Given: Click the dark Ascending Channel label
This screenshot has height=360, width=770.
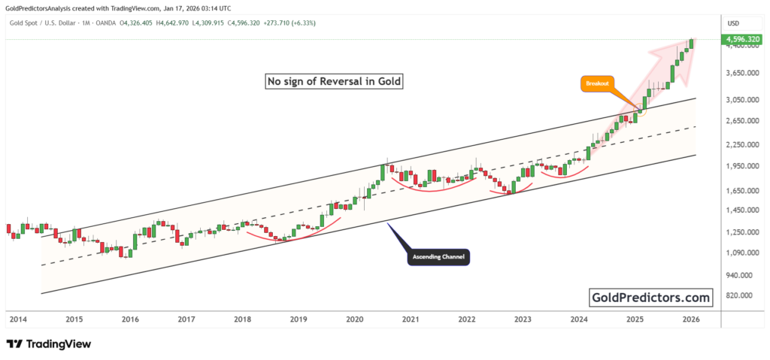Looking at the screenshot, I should [438, 257].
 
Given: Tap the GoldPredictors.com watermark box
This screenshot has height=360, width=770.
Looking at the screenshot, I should [651, 298].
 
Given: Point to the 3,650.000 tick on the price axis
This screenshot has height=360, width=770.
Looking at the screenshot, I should [741, 74].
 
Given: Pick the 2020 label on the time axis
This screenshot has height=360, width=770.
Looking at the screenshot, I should [354, 319].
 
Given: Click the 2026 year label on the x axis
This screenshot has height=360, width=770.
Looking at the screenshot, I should [691, 319].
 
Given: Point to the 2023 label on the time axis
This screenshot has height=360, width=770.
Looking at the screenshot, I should [523, 319].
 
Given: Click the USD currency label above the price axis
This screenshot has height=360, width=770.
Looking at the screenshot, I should [732, 23].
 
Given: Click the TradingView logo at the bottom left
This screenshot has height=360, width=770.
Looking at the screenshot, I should [49, 344].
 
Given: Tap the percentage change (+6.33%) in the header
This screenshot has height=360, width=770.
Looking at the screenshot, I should [300, 23].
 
